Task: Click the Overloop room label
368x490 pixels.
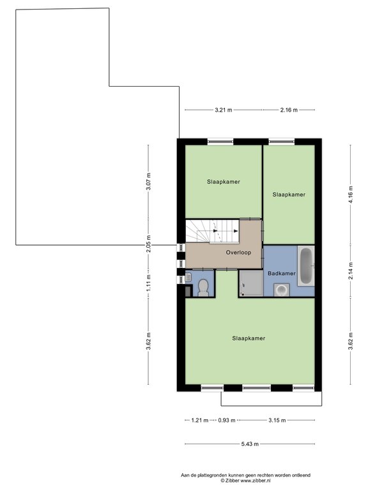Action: (238, 253)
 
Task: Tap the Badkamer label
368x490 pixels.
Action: (282, 274)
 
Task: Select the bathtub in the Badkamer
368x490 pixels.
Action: (306, 266)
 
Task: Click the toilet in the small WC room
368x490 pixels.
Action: (203, 288)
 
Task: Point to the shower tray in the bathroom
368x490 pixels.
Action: (251, 283)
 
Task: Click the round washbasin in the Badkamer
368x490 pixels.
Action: (282, 290)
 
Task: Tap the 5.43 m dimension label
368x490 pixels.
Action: (250, 444)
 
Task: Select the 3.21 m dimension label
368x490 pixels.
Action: (224, 110)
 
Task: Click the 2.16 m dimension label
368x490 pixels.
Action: (289, 110)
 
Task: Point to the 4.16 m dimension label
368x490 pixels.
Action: (351, 195)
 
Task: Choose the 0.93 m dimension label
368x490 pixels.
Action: (227, 420)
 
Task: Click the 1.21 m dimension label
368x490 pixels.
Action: (199, 420)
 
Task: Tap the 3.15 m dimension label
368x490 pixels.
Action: (277, 420)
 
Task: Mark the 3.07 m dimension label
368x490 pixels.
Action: (149, 181)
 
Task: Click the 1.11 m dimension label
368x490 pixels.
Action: (149, 283)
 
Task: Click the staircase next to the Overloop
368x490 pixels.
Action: (212, 231)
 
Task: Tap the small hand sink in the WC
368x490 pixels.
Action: (188, 277)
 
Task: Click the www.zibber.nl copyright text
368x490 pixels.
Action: (245, 480)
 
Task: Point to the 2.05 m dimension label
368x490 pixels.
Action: (149, 244)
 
